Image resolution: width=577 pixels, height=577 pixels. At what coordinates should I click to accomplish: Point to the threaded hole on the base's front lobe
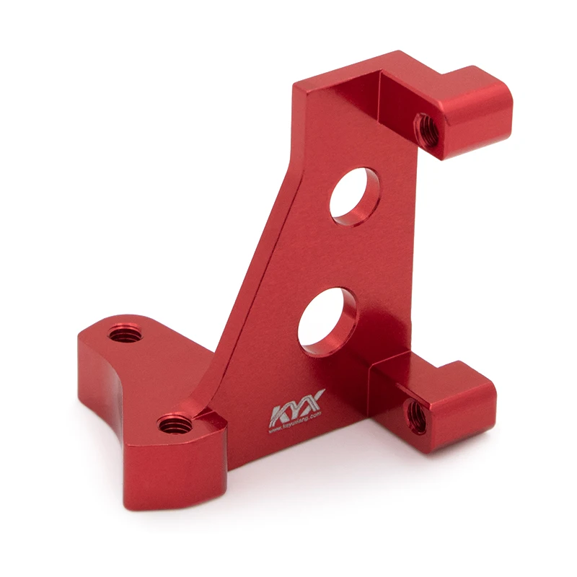coord(173,423)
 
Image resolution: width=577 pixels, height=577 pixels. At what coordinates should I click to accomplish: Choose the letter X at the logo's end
coord(314,401)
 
